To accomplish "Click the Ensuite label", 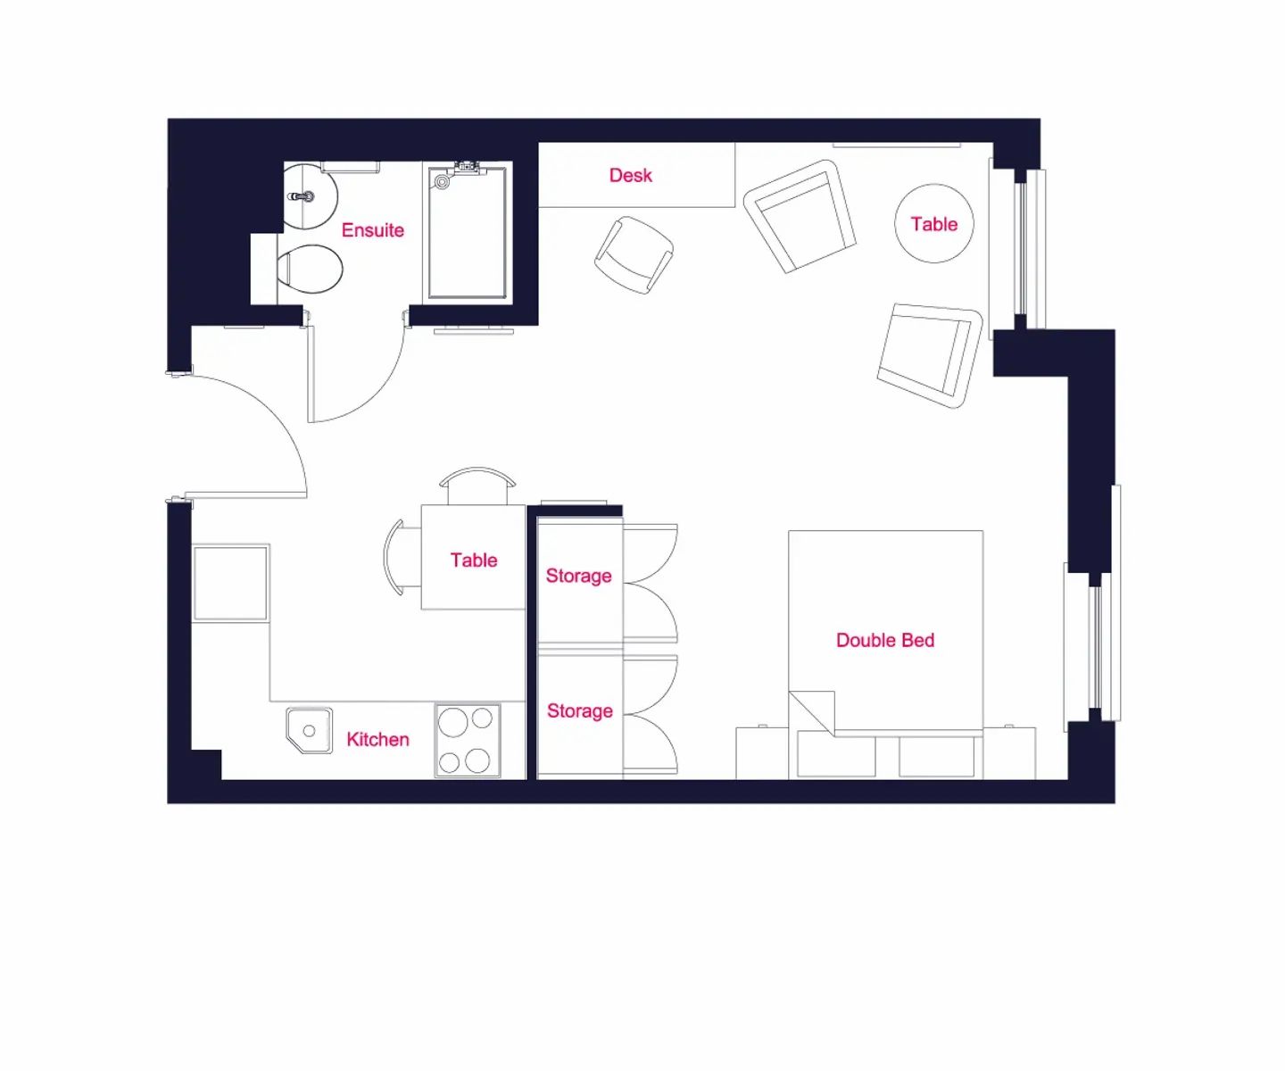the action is [x=372, y=230].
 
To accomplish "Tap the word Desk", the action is [x=630, y=176].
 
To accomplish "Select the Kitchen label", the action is [x=377, y=739].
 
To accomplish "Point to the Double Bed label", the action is [x=885, y=640].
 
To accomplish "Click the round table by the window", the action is [x=934, y=223].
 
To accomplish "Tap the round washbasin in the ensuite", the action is [x=311, y=195].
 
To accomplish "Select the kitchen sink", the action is [x=309, y=731].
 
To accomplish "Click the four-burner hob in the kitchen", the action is [x=468, y=741].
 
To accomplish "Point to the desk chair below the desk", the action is [x=634, y=255].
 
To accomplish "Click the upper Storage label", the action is [x=578, y=577].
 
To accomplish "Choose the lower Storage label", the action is [x=580, y=711].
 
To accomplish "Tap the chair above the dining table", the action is [x=477, y=486].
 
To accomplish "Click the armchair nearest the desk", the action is [x=800, y=216].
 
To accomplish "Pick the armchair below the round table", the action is [x=930, y=356].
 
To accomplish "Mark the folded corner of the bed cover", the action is [x=812, y=713].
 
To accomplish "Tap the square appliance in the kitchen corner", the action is [x=231, y=583].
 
